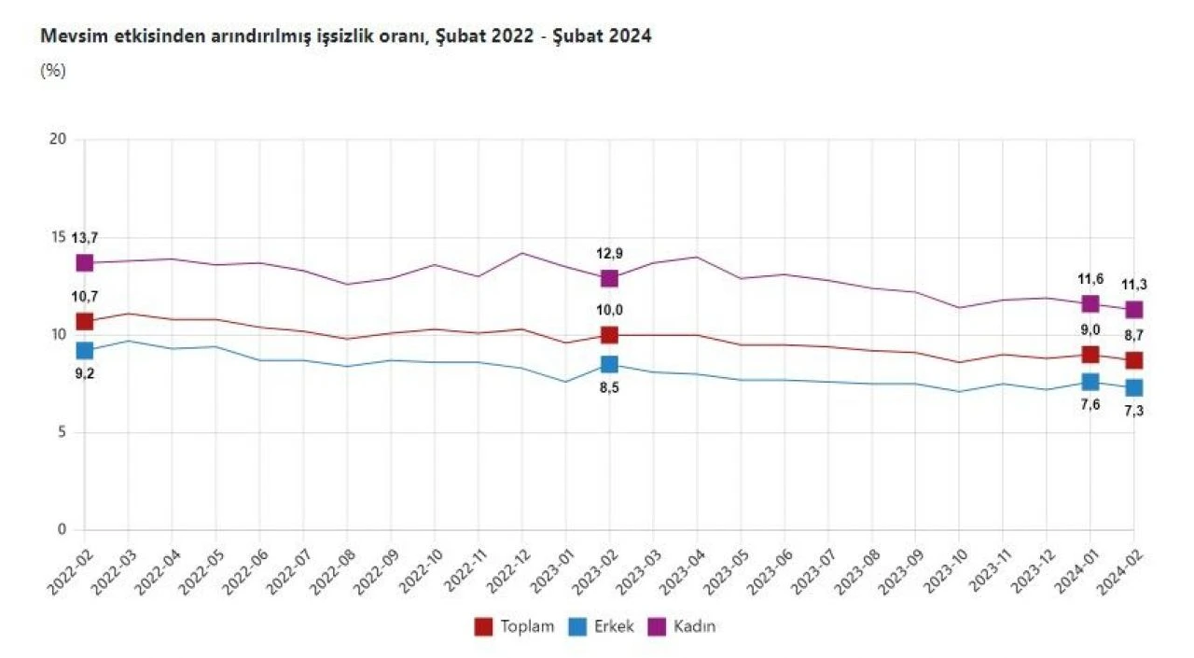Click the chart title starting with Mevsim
(x=345, y=36)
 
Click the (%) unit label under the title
(x=52, y=71)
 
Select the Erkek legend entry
(x=602, y=626)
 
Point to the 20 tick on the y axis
(x=59, y=140)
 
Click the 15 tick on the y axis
(x=59, y=237)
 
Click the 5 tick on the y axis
(x=62, y=432)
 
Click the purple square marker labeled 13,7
(x=85, y=263)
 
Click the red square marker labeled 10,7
(x=85, y=321)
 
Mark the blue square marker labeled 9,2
(x=85, y=351)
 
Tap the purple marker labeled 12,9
(x=609, y=278)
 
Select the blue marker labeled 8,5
(x=609, y=364)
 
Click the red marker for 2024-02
(x=1133, y=360)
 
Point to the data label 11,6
(x=1090, y=279)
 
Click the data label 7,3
(x=1133, y=412)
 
